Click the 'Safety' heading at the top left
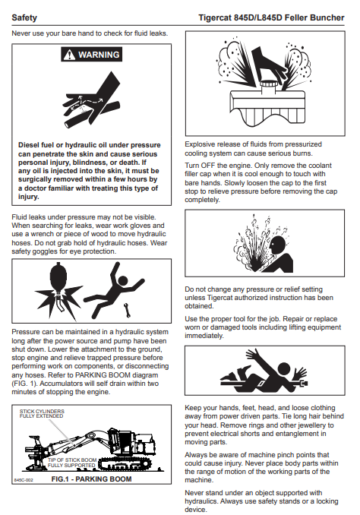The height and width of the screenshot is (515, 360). pyautogui.click(x=24, y=17)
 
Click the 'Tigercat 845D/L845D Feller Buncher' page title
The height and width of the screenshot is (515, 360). pyautogui.click(x=271, y=17)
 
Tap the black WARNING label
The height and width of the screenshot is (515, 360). pyautogui.click(x=91, y=55)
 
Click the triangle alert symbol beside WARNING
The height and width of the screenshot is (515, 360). pyautogui.click(x=69, y=55)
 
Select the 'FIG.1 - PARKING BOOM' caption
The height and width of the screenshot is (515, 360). pyautogui.click(x=91, y=479)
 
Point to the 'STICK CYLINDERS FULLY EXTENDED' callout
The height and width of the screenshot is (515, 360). pyautogui.click(x=42, y=413)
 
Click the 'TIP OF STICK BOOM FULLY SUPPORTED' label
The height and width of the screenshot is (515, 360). pyautogui.click(x=72, y=463)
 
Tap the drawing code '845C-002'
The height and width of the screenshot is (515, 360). pyautogui.click(x=24, y=480)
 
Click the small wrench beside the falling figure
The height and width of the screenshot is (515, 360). pyautogui.click(x=127, y=310)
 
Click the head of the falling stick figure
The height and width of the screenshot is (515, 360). pyautogui.click(x=123, y=280)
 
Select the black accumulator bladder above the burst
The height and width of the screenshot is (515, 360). pyautogui.click(x=58, y=276)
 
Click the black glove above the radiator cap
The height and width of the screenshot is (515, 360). pyautogui.click(x=267, y=64)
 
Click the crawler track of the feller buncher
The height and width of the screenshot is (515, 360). pyautogui.click(x=125, y=463)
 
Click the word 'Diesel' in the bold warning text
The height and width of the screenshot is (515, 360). pyautogui.click(x=29, y=145)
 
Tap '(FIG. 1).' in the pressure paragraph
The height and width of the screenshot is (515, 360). pyautogui.click(x=24, y=384)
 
